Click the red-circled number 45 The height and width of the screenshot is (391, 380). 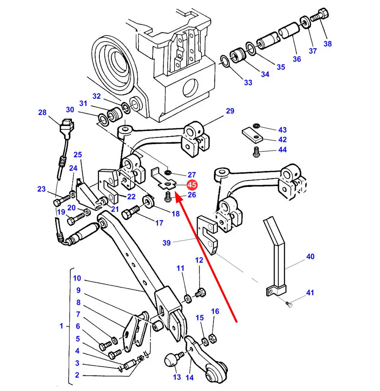pos(192,185)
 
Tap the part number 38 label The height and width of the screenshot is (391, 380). pos(327,44)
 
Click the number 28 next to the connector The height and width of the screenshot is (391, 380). pos(43,113)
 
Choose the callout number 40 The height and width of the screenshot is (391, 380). pos(310,256)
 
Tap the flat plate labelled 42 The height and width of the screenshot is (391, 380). pos(252,135)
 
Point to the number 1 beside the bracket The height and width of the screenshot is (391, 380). pos(61,326)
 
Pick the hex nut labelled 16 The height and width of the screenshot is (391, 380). pos(213,338)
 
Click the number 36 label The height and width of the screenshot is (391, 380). pos(297,59)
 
